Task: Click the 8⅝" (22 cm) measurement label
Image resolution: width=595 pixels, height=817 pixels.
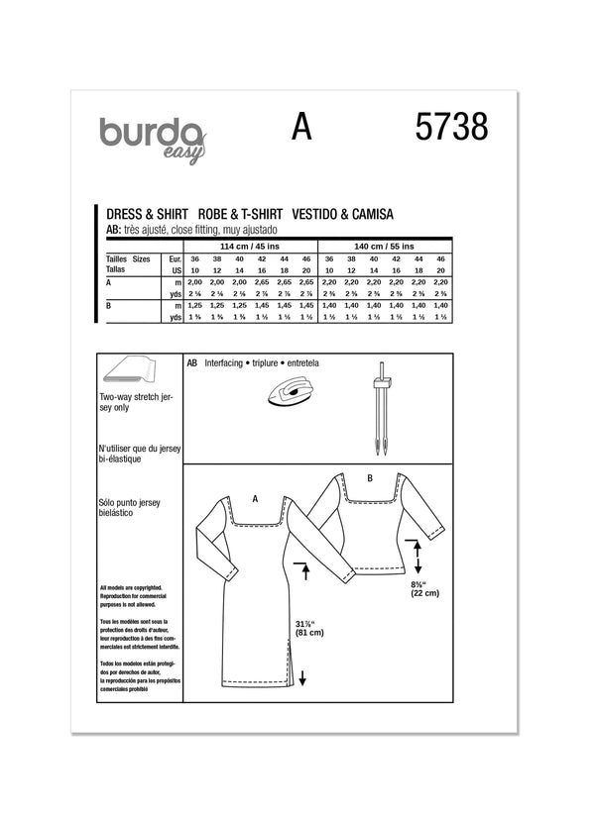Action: [x=427, y=587]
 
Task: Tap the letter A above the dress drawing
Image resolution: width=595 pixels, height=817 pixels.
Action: [x=255, y=500]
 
